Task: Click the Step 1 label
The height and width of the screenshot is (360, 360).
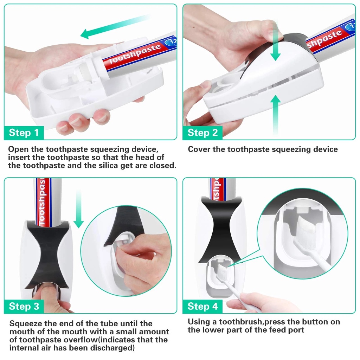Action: tap(24, 133)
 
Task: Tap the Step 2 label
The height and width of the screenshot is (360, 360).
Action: tap(202, 133)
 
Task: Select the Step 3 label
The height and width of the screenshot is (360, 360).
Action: tap(24, 307)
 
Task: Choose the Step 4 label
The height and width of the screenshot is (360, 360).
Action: tap(202, 307)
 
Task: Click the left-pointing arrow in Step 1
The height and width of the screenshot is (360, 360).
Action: tap(115, 26)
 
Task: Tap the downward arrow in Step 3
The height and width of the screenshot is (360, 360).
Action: tap(78, 208)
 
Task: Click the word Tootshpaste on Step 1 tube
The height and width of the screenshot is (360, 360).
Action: tap(135, 54)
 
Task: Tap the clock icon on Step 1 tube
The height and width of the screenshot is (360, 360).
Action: tap(171, 41)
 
